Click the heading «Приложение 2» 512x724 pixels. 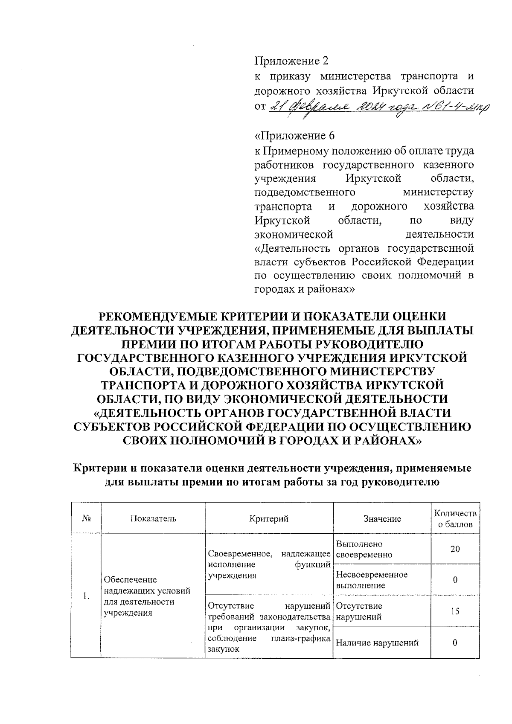point(291,61)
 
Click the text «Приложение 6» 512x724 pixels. point(294,136)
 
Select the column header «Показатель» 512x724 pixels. point(153,518)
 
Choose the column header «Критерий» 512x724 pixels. point(269,518)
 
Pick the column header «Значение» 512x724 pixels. point(382,518)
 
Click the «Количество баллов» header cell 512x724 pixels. point(455,518)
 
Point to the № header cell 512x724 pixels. point(86,518)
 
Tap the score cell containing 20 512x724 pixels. point(455,549)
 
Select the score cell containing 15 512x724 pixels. point(455,611)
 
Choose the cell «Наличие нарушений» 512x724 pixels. point(377,643)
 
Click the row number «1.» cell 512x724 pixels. point(86,596)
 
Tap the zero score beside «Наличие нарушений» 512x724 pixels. point(455,643)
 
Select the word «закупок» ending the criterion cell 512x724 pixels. point(223,649)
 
